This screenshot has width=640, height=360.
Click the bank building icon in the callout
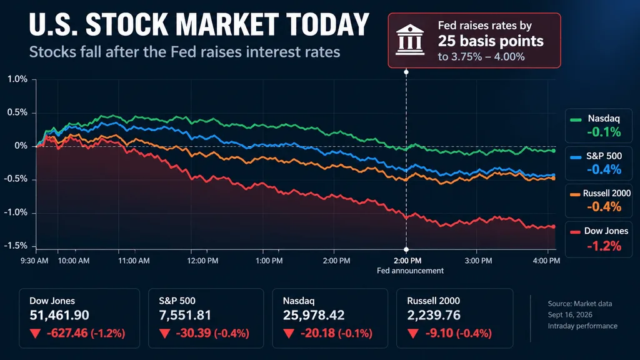410,40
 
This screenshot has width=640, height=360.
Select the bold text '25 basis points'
491,41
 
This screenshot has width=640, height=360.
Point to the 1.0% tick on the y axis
17,79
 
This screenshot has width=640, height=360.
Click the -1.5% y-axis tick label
16,246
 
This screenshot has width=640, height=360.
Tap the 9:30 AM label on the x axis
34,261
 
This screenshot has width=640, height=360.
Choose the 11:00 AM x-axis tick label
134,261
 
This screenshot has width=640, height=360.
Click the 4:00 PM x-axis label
546,261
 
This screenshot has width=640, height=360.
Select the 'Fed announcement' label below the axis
410,271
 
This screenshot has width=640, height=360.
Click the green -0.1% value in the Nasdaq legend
604,132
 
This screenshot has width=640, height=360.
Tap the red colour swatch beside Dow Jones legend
575,232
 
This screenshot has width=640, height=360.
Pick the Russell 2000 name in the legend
606,194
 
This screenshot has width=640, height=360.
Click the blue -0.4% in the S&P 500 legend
604,169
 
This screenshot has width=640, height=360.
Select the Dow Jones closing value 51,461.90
59,315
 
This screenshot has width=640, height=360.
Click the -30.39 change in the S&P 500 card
192,334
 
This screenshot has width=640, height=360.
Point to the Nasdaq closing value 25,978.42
314,315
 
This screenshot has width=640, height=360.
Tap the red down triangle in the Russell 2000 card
412,334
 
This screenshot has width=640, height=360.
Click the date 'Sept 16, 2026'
570,315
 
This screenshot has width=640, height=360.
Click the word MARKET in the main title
227,24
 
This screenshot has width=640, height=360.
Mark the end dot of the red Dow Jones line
554,226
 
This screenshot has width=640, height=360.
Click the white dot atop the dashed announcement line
406,72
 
